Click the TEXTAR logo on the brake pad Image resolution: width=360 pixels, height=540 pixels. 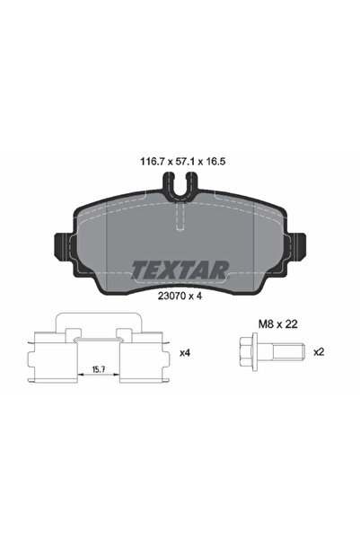coord(180,269)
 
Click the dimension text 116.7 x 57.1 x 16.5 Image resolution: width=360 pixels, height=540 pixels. coord(180,165)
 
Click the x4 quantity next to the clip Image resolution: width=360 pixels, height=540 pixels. coord(186,353)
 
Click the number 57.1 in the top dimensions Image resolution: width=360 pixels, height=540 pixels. coord(180,165)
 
